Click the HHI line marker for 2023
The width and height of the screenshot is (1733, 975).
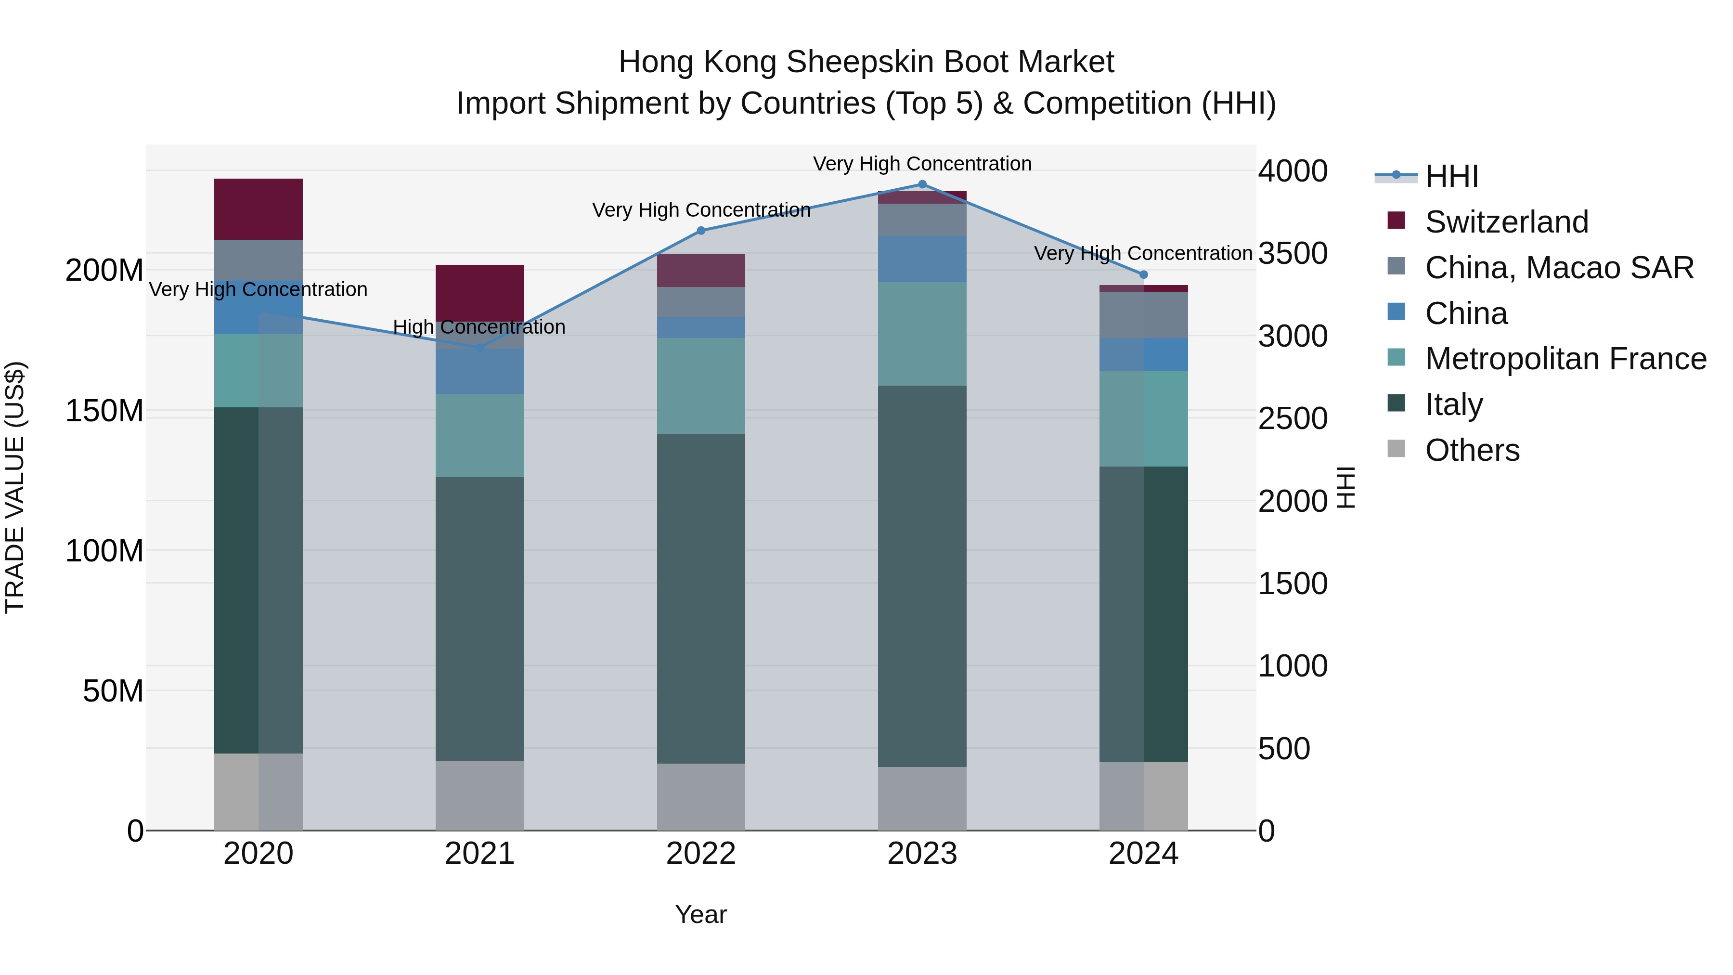click(x=922, y=184)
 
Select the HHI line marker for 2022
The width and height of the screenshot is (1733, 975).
click(x=700, y=230)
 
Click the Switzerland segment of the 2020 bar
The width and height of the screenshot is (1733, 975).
click(x=259, y=209)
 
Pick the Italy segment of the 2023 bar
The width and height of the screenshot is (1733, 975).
click(x=922, y=576)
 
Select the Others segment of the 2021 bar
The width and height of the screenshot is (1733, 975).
click(x=479, y=795)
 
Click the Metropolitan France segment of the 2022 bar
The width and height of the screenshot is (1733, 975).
click(x=700, y=386)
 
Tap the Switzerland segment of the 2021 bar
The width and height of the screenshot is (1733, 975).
click(x=479, y=293)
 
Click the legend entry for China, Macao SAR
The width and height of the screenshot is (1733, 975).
click(x=1558, y=268)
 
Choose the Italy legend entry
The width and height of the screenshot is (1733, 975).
click(x=1453, y=404)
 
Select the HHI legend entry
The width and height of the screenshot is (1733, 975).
click(x=1450, y=176)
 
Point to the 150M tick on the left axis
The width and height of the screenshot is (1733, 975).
click(x=104, y=410)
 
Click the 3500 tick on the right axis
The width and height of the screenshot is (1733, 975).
click(x=1293, y=254)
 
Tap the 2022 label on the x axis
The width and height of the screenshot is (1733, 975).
click(x=700, y=854)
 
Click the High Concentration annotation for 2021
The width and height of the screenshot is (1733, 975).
click(x=479, y=327)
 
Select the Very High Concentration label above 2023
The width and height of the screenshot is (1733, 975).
click(x=922, y=164)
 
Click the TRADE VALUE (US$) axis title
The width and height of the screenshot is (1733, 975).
click(x=15, y=487)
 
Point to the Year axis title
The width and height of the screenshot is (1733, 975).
click(x=700, y=914)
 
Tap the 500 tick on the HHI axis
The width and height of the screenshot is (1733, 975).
click(x=1283, y=749)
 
